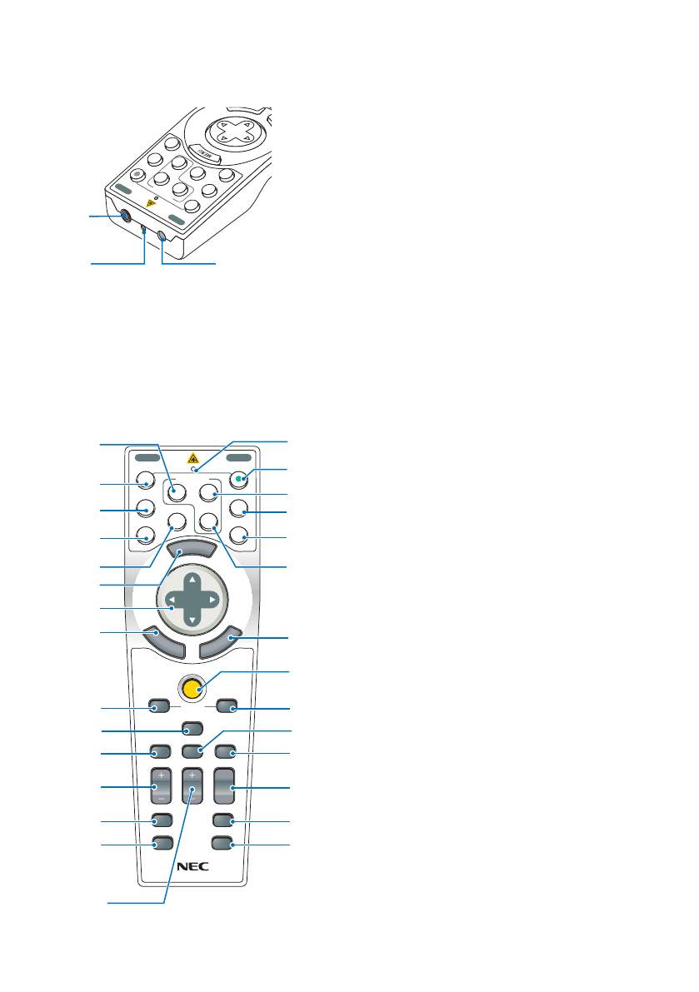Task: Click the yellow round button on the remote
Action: point(192,688)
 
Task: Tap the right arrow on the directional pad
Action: point(213,599)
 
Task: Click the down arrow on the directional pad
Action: point(192,621)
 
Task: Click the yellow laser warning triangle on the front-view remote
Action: point(192,456)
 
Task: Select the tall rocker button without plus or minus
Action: point(222,786)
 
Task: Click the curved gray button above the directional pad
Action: point(192,549)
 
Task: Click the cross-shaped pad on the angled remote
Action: point(228,132)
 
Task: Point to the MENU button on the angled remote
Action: point(205,153)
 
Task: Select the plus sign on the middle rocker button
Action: point(192,773)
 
